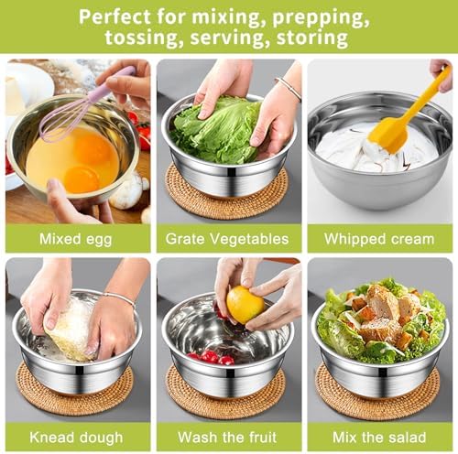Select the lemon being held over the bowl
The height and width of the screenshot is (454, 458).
click(x=245, y=305)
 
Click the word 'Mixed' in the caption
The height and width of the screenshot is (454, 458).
click(x=60, y=239)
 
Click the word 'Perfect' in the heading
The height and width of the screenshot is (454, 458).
click(x=114, y=17)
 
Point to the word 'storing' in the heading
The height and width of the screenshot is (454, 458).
click(x=312, y=38)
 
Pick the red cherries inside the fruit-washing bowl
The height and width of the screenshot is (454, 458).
click(x=213, y=357)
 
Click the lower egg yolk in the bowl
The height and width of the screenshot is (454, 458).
click(x=82, y=178)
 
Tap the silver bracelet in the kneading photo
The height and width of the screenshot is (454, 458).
click(x=121, y=298)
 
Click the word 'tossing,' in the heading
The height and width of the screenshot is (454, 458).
click(x=141, y=38)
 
